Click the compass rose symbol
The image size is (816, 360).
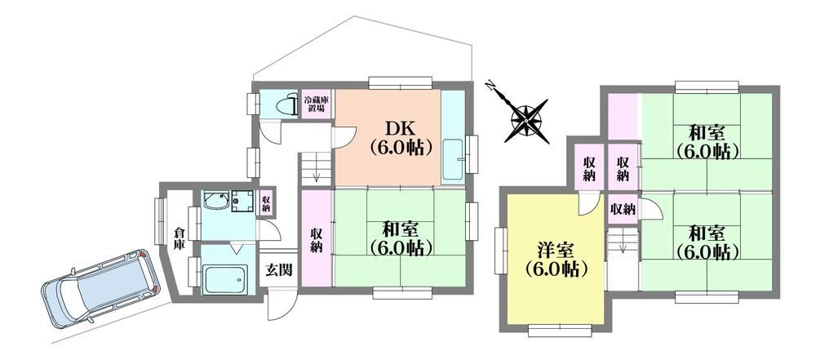[x=526, y=119]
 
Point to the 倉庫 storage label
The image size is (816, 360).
[x=179, y=240]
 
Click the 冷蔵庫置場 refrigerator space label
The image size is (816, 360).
[x=315, y=104]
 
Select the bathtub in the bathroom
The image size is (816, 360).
[x=226, y=280]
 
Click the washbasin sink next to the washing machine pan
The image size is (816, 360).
[x=216, y=201]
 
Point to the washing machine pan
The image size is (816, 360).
[x=242, y=200]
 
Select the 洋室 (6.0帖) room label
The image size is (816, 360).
[x=557, y=260]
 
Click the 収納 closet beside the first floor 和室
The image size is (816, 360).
[x=317, y=239]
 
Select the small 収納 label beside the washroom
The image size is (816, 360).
[x=266, y=202]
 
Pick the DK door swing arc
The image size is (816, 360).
[x=344, y=137]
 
